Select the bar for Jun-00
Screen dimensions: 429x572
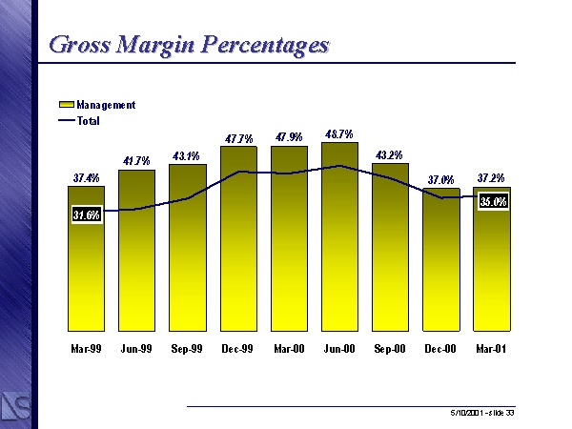tap(339, 257)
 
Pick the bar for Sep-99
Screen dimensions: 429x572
tap(187, 257)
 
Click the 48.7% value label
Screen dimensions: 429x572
tap(339, 134)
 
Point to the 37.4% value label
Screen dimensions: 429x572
tap(86, 177)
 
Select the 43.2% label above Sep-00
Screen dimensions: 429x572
tap(389, 155)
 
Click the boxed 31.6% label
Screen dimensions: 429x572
tap(87, 215)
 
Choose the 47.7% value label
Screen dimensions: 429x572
tap(238, 139)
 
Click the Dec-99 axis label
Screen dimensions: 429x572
tap(237, 350)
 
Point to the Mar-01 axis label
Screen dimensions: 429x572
tap(491, 350)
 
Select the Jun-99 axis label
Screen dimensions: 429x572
tap(136, 350)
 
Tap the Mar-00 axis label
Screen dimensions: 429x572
tap(288, 350)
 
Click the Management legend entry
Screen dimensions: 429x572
tap(106, 105)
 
